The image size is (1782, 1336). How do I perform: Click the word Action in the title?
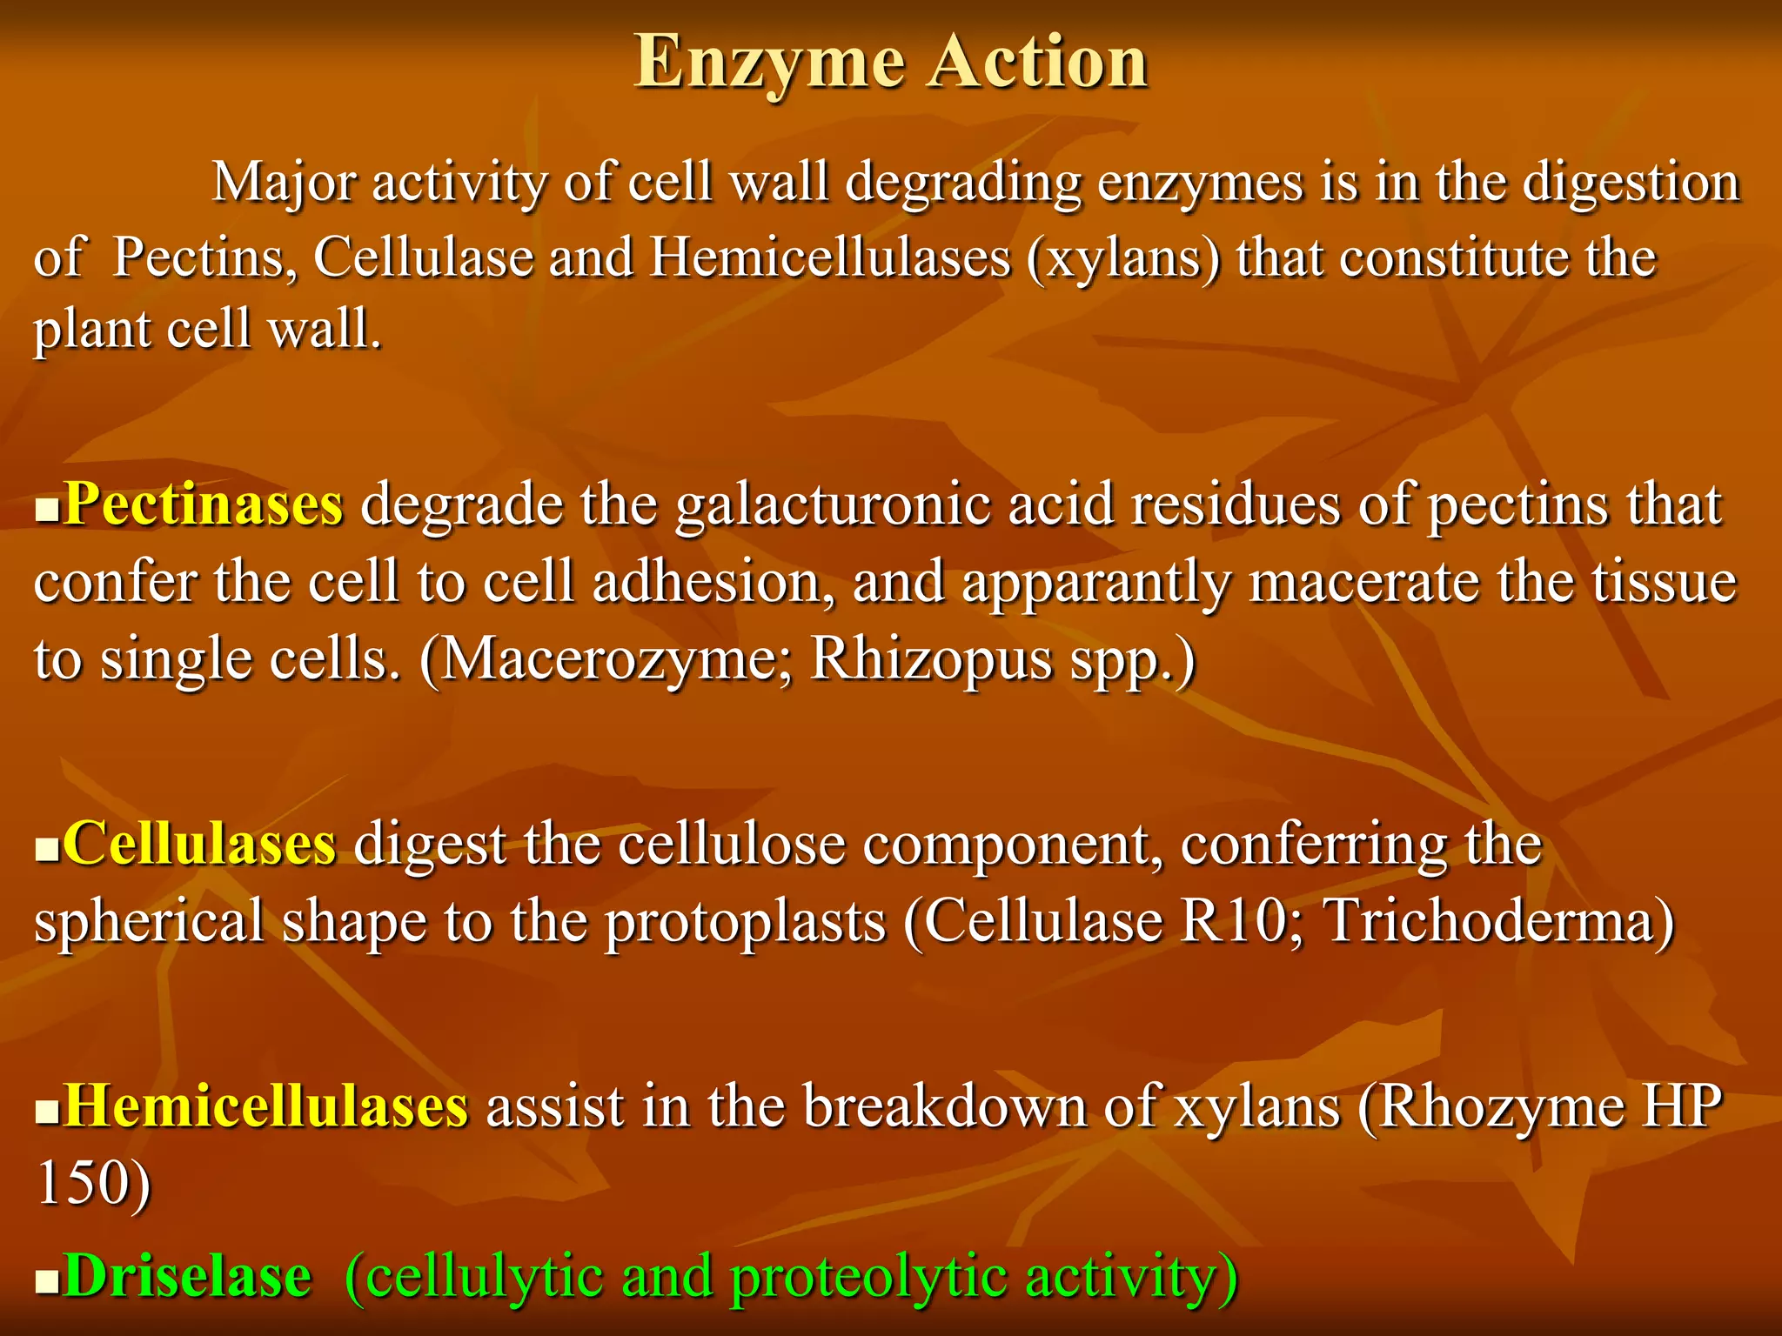pyautogui.click(x=1036, y=63)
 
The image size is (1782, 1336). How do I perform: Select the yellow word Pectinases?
pyautogui.click(x=204, y=504)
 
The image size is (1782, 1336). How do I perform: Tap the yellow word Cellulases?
pyautogui.click(x=199, y=844)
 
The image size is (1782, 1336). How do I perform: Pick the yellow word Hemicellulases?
pyautogui.click(x=266, y=1107)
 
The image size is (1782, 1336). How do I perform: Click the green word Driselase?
pyautogui.click(x=187, y=1277)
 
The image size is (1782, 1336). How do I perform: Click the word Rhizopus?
pyautogui.click(x=931, y=659)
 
